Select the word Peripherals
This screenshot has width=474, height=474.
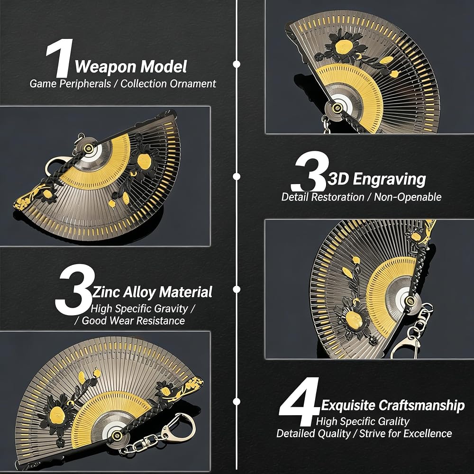[x=85, y=84]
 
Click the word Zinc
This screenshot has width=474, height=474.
[x=106, y=292]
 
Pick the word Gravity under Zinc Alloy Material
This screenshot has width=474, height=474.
[x=171, y=309]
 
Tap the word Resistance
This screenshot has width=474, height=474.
[x=161, y=320]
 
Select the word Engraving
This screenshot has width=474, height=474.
[x=389, y=180]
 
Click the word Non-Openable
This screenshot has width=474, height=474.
[x=408, y=197]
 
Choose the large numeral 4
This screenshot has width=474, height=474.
[x=299, y=401]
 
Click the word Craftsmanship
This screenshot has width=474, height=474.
[x=421, y=405]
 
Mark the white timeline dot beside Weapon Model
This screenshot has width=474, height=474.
[x=237, y=64]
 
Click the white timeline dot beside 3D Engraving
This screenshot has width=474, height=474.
[x=237, y=176]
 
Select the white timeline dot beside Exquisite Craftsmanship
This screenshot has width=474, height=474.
[x=237, y=401]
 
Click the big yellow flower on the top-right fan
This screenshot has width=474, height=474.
[x=344, y=46]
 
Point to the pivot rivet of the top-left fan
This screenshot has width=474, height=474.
[x=89, y=148]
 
